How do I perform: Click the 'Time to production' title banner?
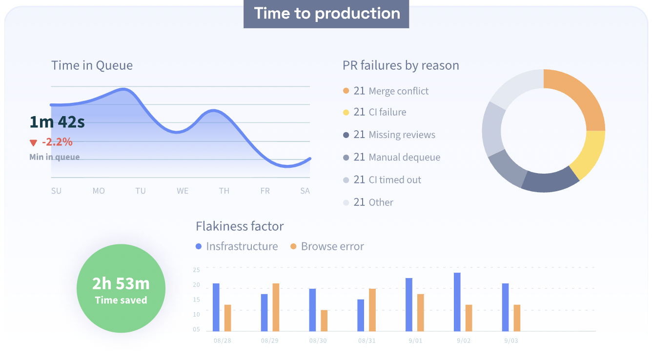(x=326, y=14)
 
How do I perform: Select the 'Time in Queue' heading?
(x=92, y=65)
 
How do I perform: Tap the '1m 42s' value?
(x=57, y=122)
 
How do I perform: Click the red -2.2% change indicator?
(x=51, y=142)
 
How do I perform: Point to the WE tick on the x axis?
(x=183, y=191)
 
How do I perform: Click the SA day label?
(x=305, y=191)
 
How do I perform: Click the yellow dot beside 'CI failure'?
(x=346, y=113)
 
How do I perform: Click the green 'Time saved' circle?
(x=121, y=288)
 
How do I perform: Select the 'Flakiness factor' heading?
(x=240, y=226)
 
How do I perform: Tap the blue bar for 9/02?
(x=457, y=302)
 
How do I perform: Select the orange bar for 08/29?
(x=276, y=307)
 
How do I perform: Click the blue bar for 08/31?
(x=361, y=315)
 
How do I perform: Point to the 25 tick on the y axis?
(x=196, y=270)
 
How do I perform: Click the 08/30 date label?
(x=318, y=340)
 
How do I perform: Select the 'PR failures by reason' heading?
(x=401, y=65)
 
